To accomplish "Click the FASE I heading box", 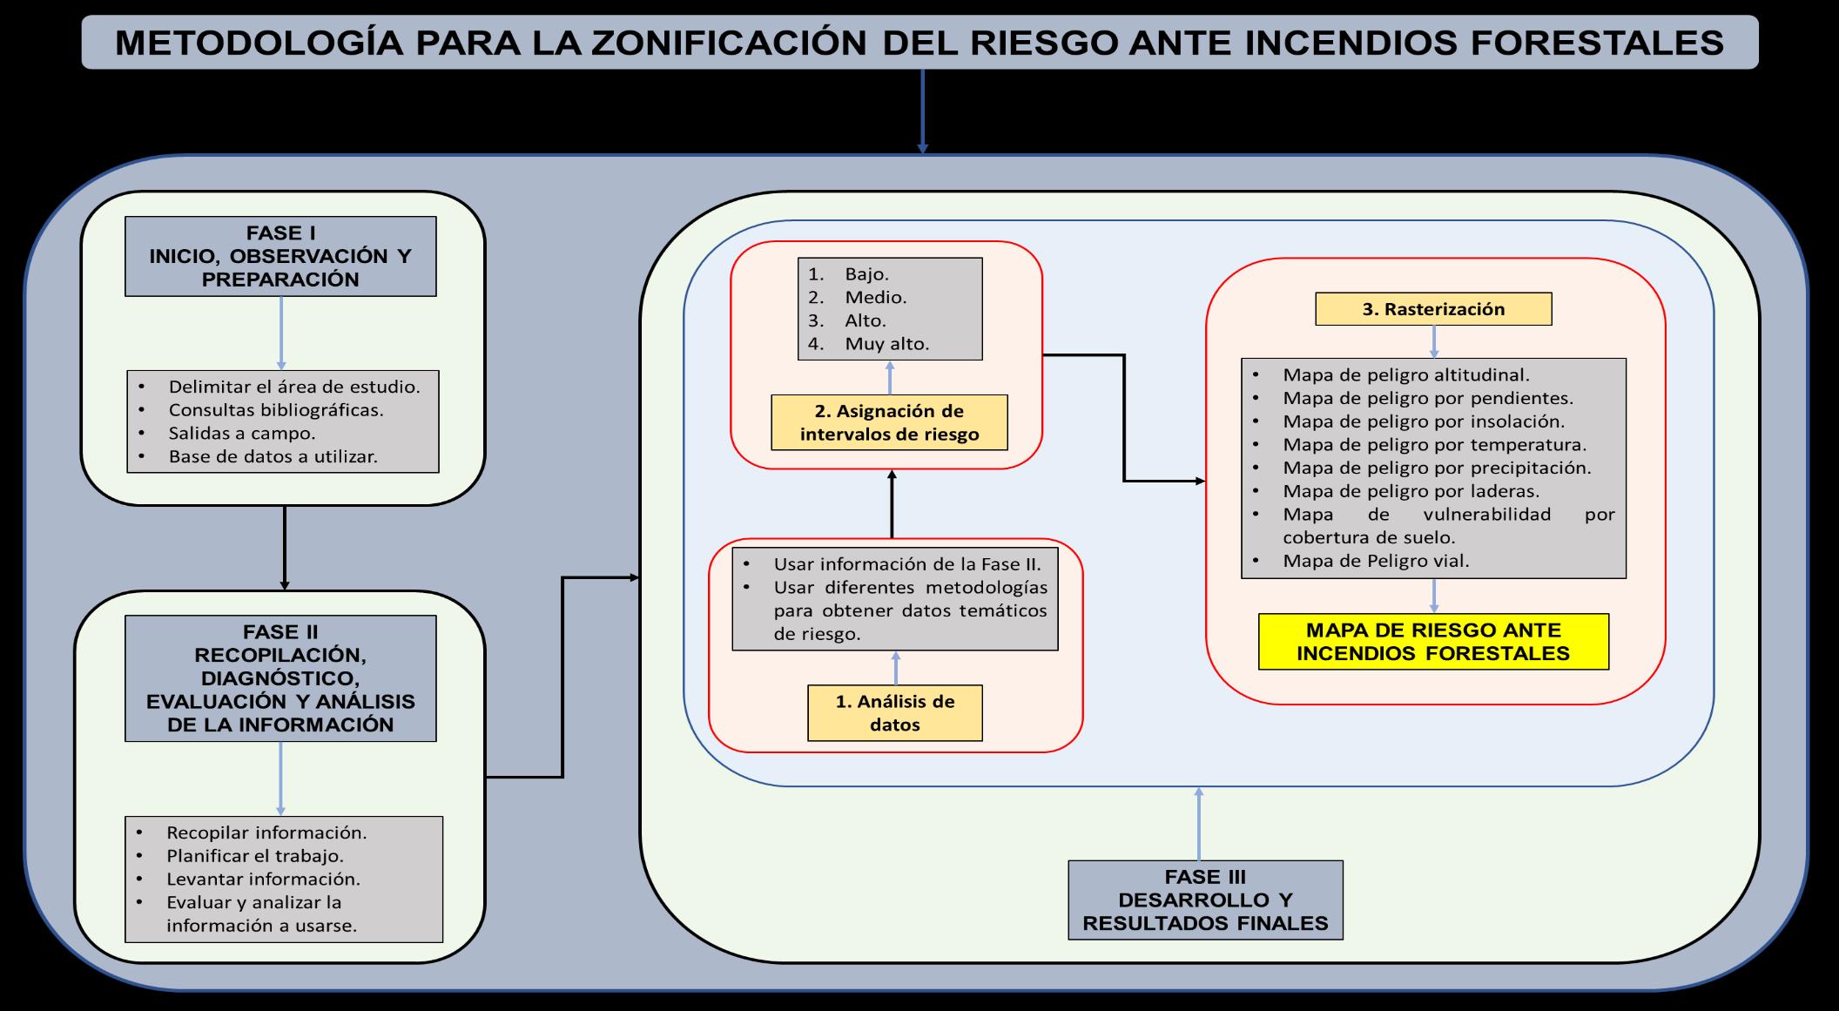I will click(280, 256).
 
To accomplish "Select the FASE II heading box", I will click(280, 677).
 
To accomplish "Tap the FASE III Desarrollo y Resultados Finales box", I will click(1205, 900).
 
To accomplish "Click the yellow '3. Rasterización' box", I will click(1433, 309).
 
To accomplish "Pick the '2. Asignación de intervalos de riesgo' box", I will click(889, 422).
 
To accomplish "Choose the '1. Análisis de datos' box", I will click(894, 712).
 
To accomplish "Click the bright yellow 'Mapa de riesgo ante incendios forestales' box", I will click(1433, 642).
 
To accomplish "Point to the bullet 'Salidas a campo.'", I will click(241, 433).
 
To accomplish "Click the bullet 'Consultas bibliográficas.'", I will click(275, 409).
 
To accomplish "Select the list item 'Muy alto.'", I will click(886, 343).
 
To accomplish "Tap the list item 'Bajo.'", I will click(866, 273).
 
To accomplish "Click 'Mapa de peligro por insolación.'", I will click(1423, 421).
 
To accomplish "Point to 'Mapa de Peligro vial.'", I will click(1376, 561).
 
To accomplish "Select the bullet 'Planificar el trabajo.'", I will click(254, 855).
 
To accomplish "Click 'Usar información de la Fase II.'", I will click(906, 563).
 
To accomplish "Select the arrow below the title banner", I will click(922, 111).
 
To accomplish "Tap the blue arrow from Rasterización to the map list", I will click(1433, 341).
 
